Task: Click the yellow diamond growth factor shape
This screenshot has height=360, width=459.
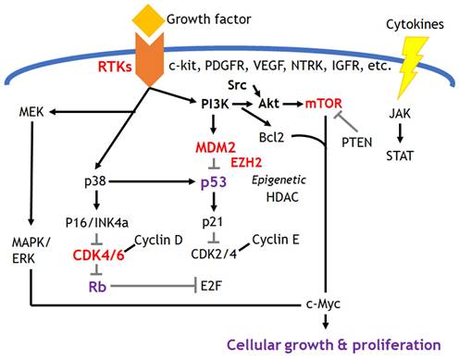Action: tap(148, 20)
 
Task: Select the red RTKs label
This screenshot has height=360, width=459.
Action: tap(115, 67)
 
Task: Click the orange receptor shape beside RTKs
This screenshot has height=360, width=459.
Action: tap(150, 59)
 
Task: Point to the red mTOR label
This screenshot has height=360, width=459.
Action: tap(324, 104)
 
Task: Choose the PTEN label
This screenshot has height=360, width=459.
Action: tap(357, 143)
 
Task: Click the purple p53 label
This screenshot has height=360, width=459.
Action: tap(214, 182)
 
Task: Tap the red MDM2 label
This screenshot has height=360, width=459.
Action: tap(216, 148)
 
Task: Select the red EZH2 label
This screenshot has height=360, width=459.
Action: tap(246, 163)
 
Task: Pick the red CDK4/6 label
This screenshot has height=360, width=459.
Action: tap(99, 255)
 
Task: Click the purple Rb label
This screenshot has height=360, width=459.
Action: tap(97, 287)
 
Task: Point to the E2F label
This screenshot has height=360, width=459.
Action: tap(211, 286)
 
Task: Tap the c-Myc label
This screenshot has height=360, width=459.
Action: tap(323, 304)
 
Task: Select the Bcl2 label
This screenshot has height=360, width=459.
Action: tap(271, 137)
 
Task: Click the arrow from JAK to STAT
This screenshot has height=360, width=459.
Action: tap(400, 133)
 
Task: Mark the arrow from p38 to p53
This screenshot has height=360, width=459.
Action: tap(152, 181)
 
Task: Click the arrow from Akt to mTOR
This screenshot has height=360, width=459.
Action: tap(292, 105)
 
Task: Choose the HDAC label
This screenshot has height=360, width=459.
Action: tap(282, 197)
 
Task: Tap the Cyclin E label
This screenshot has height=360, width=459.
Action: tap(276, 240)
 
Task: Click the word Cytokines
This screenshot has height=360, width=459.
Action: tap(415, 25)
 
